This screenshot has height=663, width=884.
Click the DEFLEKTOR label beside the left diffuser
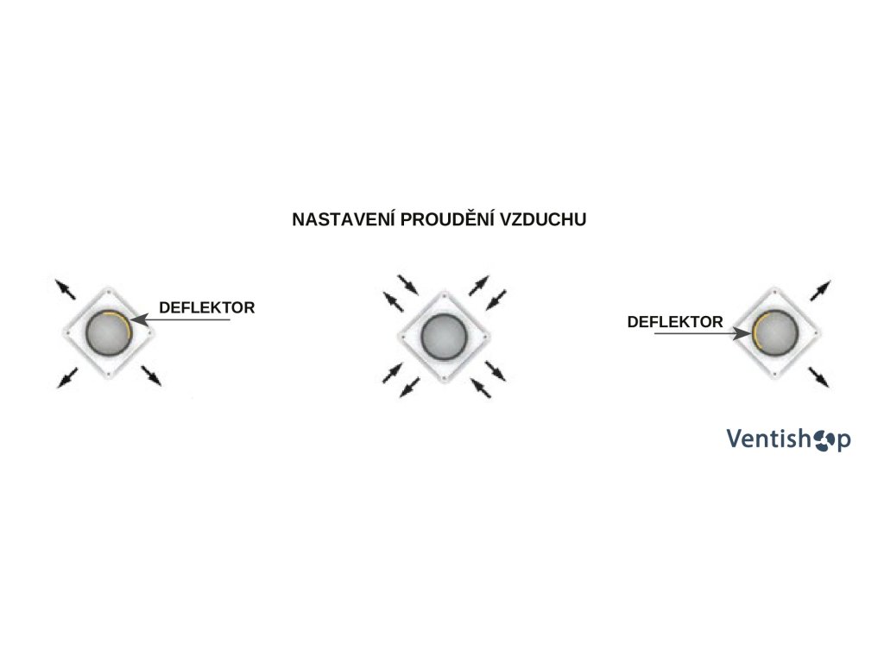(206, 306)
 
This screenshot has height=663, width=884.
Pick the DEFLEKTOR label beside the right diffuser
(675, 322)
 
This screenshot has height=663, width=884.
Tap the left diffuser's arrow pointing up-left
(64, 287)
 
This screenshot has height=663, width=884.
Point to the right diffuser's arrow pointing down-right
(821, 376)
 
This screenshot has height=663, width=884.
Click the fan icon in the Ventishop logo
(821, 439)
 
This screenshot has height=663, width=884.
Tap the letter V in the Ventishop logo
(735, 439)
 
